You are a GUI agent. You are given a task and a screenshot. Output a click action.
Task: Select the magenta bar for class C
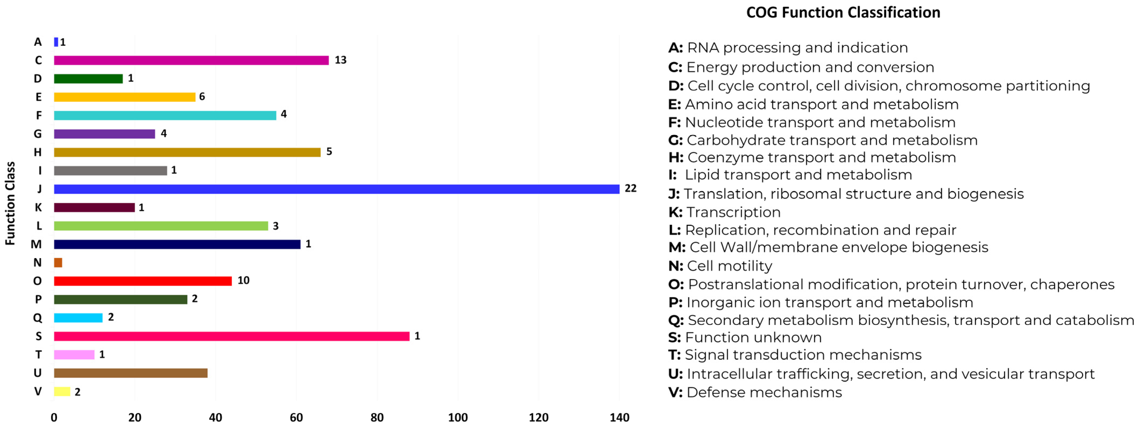(191, 60)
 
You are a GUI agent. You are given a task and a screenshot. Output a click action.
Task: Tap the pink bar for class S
(232, 336)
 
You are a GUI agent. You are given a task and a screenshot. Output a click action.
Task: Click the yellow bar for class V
(62, 391)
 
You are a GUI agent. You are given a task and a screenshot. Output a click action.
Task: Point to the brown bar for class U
(131, 373)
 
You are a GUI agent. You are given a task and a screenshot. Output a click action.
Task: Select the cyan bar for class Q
(78, 318)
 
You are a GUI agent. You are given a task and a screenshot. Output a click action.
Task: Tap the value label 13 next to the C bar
(340, 60)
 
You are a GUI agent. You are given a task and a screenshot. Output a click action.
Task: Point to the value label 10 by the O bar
(243, 280)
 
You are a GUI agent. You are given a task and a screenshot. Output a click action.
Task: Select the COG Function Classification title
(843, 12)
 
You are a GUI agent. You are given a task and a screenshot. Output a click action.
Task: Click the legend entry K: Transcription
(725, 212)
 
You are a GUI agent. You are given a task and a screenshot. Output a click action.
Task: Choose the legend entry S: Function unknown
(745, 337)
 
